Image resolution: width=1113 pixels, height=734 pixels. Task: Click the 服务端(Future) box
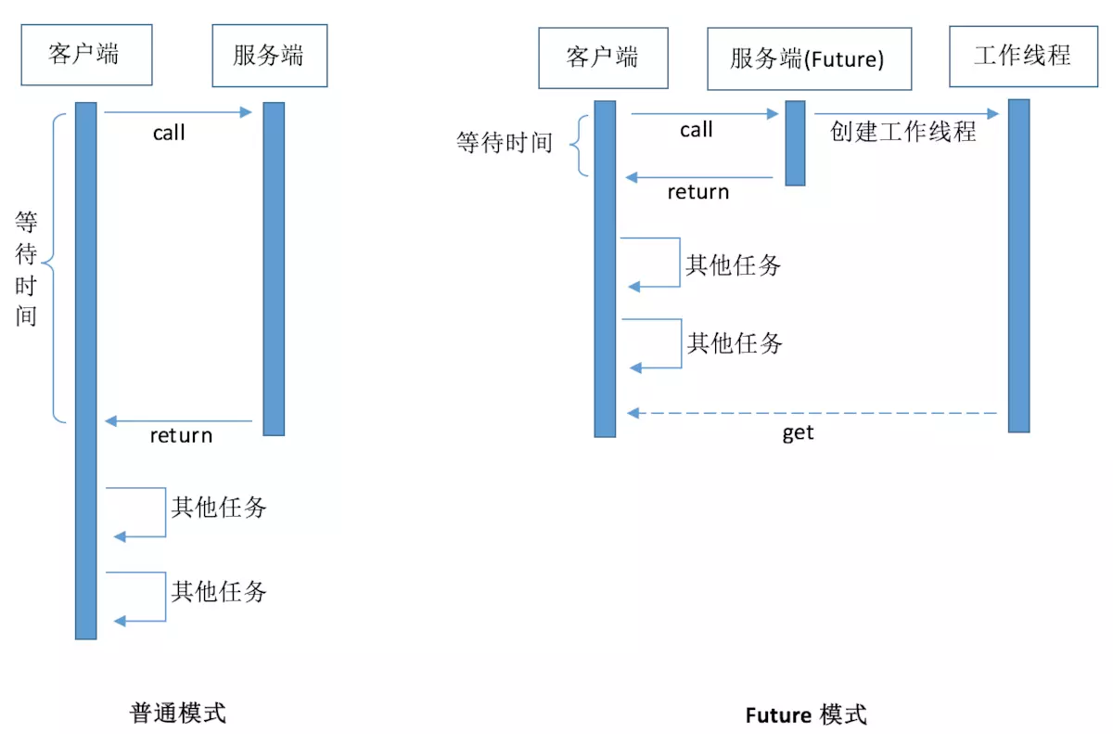coord(809,58)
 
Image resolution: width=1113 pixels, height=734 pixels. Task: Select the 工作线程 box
coord(1022,56)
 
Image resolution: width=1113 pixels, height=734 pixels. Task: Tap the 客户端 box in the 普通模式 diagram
coord(86,55)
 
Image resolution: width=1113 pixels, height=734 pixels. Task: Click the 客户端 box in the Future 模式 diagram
coord(603,58)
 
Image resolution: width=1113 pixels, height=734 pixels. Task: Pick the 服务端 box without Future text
coord(269,56)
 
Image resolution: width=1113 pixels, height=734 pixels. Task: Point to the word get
coord(798,432)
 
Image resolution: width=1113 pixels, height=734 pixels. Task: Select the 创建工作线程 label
coord(902,132)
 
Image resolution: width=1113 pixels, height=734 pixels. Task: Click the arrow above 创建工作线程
coord(906,114)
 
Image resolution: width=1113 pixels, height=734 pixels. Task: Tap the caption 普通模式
coord(177,713)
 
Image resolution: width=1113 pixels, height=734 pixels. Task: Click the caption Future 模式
coord(805,715)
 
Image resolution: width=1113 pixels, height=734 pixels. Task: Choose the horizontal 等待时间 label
coord(504,143)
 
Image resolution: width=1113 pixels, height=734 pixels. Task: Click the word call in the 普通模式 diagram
coord(169,134)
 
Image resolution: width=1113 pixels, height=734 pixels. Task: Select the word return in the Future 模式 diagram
coord(698,192)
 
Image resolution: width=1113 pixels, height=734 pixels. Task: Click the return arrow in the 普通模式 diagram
coord(179,421)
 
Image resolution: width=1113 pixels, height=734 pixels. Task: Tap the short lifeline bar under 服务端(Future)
coord(795,143)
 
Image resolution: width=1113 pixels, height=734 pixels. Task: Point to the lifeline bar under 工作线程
coord(1018,265)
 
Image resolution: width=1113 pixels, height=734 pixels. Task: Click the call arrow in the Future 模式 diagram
coord(704,114)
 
